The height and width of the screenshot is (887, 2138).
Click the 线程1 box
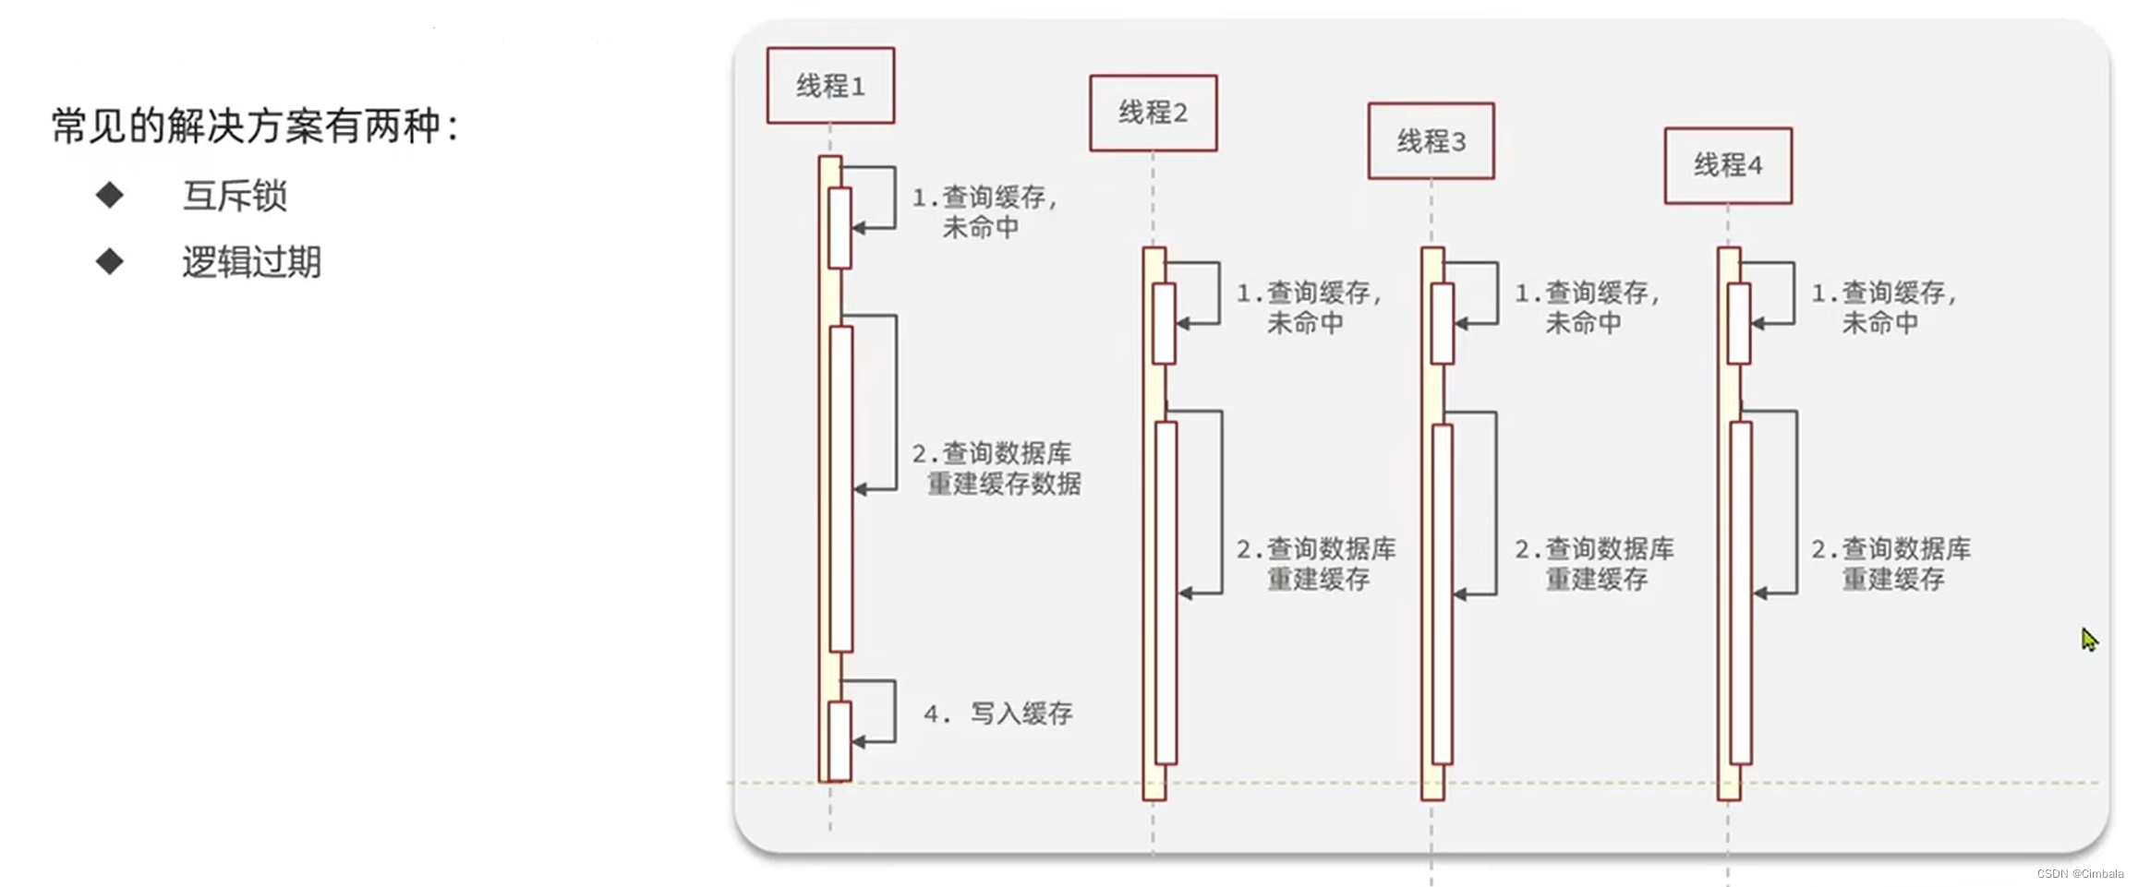point(830,86)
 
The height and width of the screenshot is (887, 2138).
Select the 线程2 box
point(1153,113)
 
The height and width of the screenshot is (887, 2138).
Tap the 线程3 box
point(1431,141)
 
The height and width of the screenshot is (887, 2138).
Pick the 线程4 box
point(1728,166)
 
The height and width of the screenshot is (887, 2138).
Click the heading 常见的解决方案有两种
point(255,126)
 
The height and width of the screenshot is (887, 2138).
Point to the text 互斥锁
point(235,196)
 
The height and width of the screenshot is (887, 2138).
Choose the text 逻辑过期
point(251,263)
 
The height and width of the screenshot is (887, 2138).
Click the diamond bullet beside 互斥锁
point(110,195)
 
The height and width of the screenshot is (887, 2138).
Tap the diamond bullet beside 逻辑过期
point(110,261)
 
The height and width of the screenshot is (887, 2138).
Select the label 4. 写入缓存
point(998,713)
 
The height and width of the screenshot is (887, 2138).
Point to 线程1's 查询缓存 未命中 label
point(984,212)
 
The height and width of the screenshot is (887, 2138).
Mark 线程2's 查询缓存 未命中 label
point(1309,308)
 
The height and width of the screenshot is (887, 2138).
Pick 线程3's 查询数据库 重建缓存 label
point(1595,564)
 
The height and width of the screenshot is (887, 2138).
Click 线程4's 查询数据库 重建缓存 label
point(1891,564)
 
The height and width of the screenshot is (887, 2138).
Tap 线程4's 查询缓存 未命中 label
point(1884,308)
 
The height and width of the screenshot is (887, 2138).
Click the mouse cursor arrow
point(2089,639)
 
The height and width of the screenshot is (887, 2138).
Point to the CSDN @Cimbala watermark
point(2080,873)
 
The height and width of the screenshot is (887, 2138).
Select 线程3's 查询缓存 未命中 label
point(1588,308)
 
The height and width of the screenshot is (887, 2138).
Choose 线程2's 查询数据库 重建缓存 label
point(1317,564)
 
